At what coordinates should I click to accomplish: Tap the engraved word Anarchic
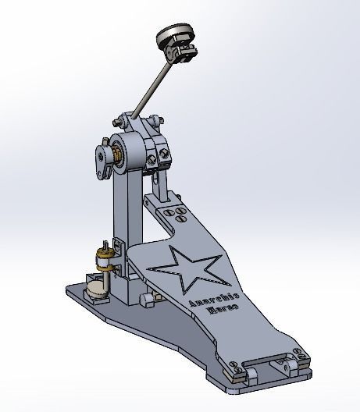point(204,296)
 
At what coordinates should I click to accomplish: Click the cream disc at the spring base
point(94,292)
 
